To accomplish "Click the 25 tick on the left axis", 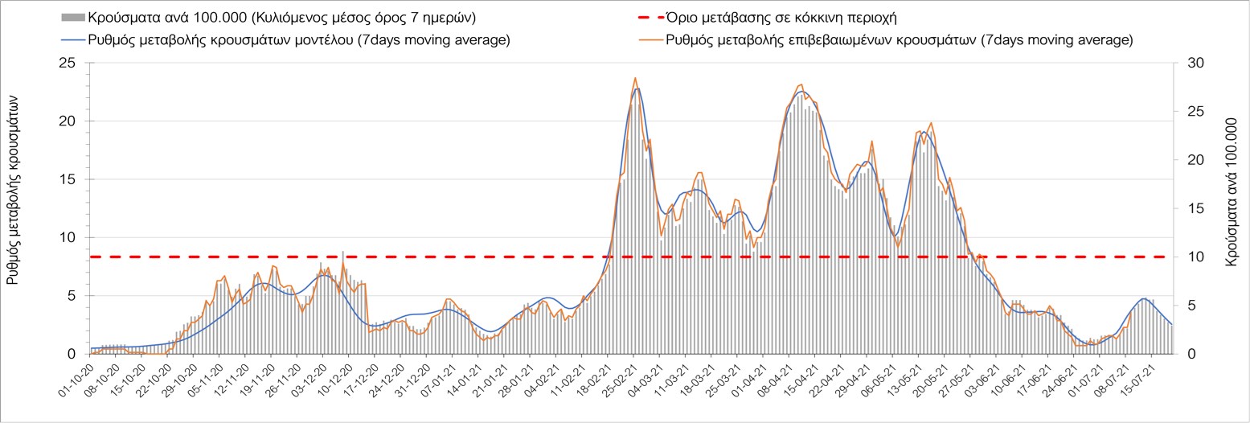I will point(71,63).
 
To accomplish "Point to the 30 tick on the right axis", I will point(1186,63).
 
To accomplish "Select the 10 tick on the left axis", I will point(71,237).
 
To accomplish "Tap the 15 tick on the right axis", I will point(1186,208).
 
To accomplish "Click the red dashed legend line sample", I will point(640,17).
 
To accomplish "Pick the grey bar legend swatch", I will point(72,17).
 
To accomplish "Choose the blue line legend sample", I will point(72,39).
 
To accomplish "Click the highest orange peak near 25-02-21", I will point(635,78).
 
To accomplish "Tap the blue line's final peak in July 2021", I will point(1144,298).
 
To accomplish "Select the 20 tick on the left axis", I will point(71,121).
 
